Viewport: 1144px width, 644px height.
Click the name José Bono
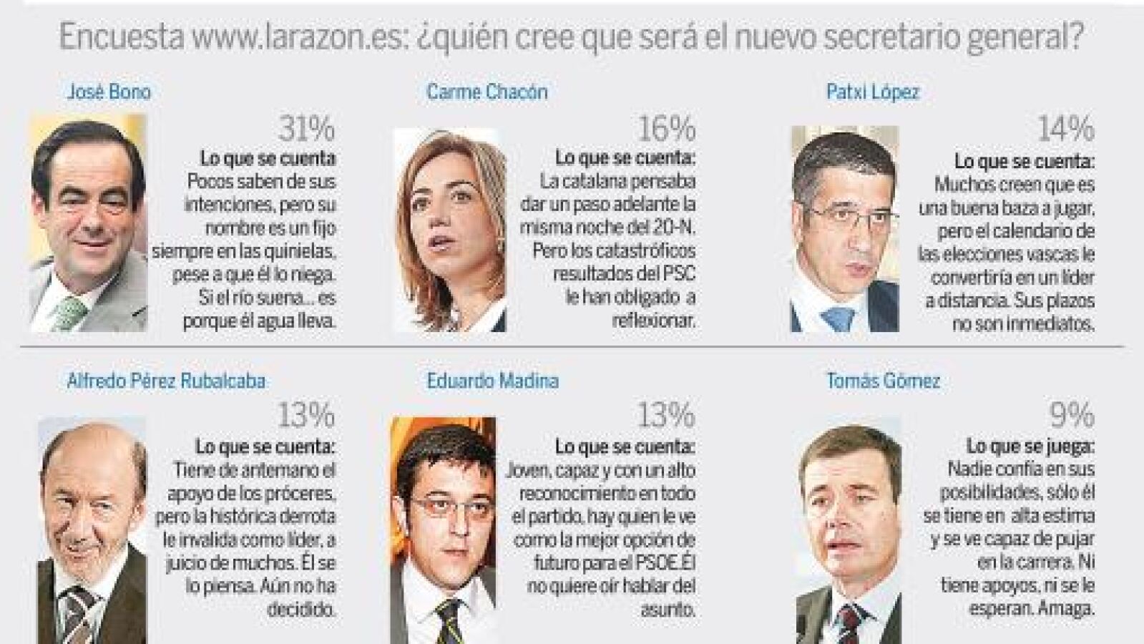point(109,92)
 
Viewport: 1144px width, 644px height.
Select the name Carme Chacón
point(487,92)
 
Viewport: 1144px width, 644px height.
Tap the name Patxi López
point(872,92)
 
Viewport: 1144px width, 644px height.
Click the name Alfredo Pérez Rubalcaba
point(166,381)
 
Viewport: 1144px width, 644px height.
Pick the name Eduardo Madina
point(492,381)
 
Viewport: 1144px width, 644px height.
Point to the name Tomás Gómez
point(883,381)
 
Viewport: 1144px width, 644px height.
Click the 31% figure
point(307,130)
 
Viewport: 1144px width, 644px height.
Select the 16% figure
point(667,130)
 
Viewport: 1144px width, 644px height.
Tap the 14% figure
point(1065,130)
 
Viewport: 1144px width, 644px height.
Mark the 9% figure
point(1071,416)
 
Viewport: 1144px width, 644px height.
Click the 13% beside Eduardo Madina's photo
point(667,416)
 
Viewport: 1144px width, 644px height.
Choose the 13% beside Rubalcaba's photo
point(307,416)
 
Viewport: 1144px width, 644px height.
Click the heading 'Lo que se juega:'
point(1030,447)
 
